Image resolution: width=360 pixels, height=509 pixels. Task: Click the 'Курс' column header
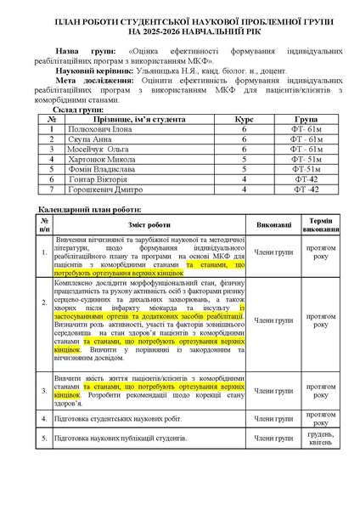244,121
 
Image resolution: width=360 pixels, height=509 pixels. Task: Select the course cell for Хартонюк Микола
244,159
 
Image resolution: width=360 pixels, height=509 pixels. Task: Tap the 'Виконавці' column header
273,224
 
